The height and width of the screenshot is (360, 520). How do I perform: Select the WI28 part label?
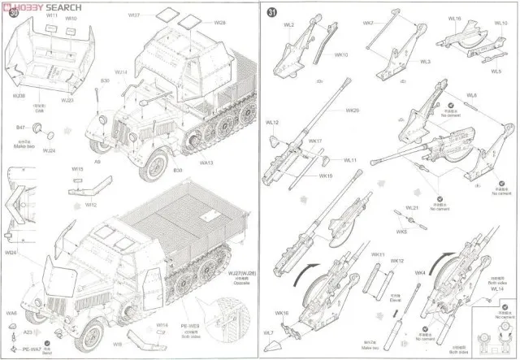pos(196,22)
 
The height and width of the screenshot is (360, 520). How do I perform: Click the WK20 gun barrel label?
pos(351,111)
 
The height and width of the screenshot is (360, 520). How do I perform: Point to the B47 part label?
pos(21,127)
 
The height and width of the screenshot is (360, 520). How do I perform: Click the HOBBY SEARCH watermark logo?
pos(41,5)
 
